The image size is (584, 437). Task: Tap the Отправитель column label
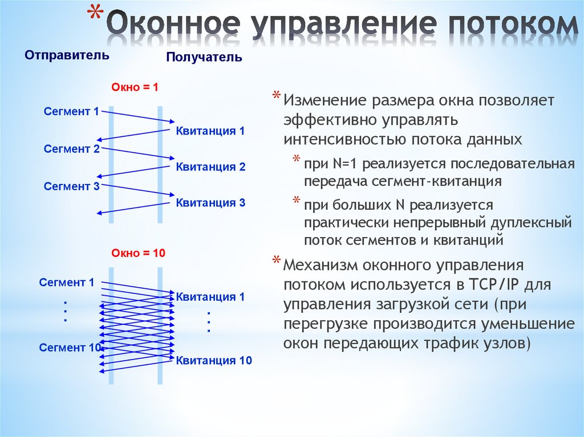point(66,55)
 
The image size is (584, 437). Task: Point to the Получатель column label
point(204,58)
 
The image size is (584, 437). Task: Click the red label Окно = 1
point(135,88)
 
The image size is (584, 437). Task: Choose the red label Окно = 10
point(137,254)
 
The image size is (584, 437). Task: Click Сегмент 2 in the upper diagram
point(72,149)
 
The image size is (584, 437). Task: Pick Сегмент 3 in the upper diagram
point(72,186)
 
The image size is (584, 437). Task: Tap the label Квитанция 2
point(210,167)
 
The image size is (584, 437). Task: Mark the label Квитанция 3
point(210,202)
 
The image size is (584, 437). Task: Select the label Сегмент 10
point(70,347)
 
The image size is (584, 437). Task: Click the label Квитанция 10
point(213,360)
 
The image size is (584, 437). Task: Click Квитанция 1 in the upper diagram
point(210,131)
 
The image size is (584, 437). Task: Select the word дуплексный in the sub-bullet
point(530,222)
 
